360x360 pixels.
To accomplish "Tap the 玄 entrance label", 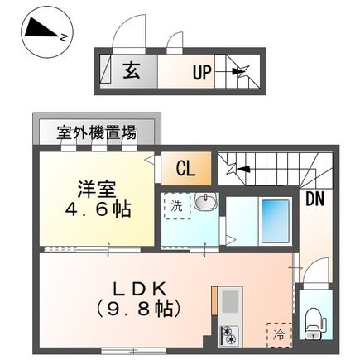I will click(132, 70).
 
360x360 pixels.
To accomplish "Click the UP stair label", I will click(202, 72).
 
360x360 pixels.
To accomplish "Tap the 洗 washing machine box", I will click(176, 206).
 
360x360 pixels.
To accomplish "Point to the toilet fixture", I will click(313, 318).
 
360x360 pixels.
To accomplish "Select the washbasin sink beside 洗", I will click(206, 204).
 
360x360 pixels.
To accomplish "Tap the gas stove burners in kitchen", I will click(227, 335).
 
